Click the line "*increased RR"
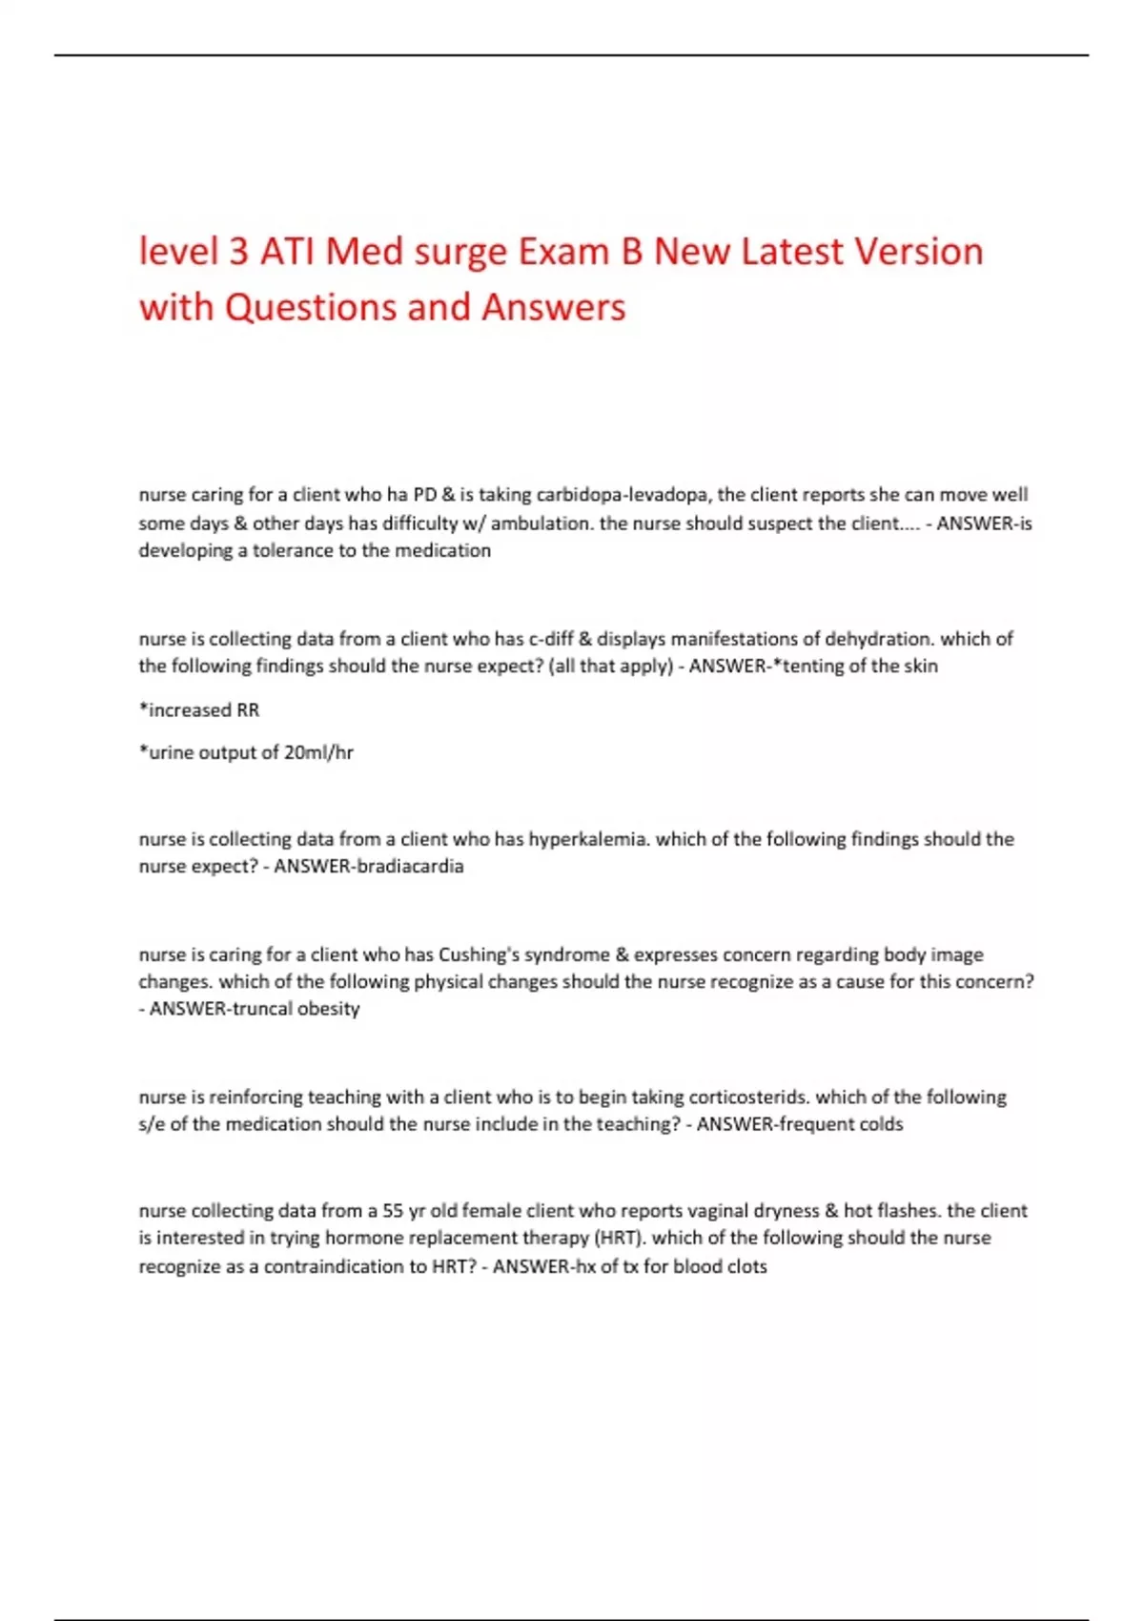199,709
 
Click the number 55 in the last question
393,1211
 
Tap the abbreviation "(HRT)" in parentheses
618,1238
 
